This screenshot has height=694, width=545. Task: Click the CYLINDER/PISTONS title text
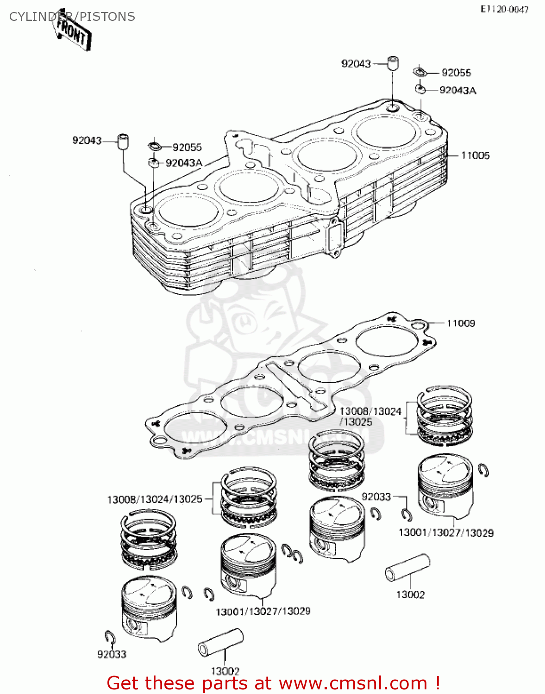tap(72, 17)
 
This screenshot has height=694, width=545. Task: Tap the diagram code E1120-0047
tap(504, 9)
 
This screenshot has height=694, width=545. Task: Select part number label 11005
tap(475, 155)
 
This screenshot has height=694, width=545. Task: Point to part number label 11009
tap(461, 323)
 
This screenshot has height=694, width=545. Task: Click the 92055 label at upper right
tap(456, 73)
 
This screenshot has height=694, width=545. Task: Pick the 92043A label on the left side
tap(184, 163)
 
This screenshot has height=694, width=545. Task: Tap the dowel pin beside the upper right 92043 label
tap(394, 63)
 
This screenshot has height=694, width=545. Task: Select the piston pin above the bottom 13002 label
tap(221, 642)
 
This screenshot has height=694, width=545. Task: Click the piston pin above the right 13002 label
tap(407, 568)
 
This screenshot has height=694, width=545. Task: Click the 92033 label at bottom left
tap(112, 654)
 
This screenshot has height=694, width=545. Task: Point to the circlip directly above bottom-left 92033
tap(110, 637)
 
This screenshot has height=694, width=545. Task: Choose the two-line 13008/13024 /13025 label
tap(370, 416)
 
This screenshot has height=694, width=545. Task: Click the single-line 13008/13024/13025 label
tap(155, 500)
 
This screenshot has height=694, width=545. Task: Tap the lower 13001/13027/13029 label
tap(263, 611)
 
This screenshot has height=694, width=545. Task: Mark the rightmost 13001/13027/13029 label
tap(446, 533)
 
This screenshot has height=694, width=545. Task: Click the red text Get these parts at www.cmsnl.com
tap(273, 683)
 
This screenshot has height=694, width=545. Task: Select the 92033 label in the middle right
tap(376, 496)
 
